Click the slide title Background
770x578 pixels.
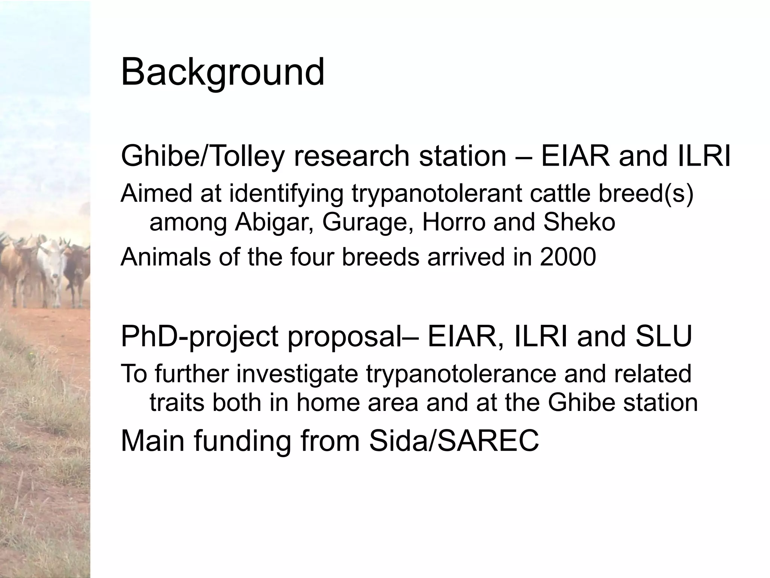click(x=223, y=72)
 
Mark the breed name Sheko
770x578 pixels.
click(x=579, y=223)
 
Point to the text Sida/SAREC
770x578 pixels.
click(x=454, y=441)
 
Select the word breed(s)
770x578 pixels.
click(x=646, y=194)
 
